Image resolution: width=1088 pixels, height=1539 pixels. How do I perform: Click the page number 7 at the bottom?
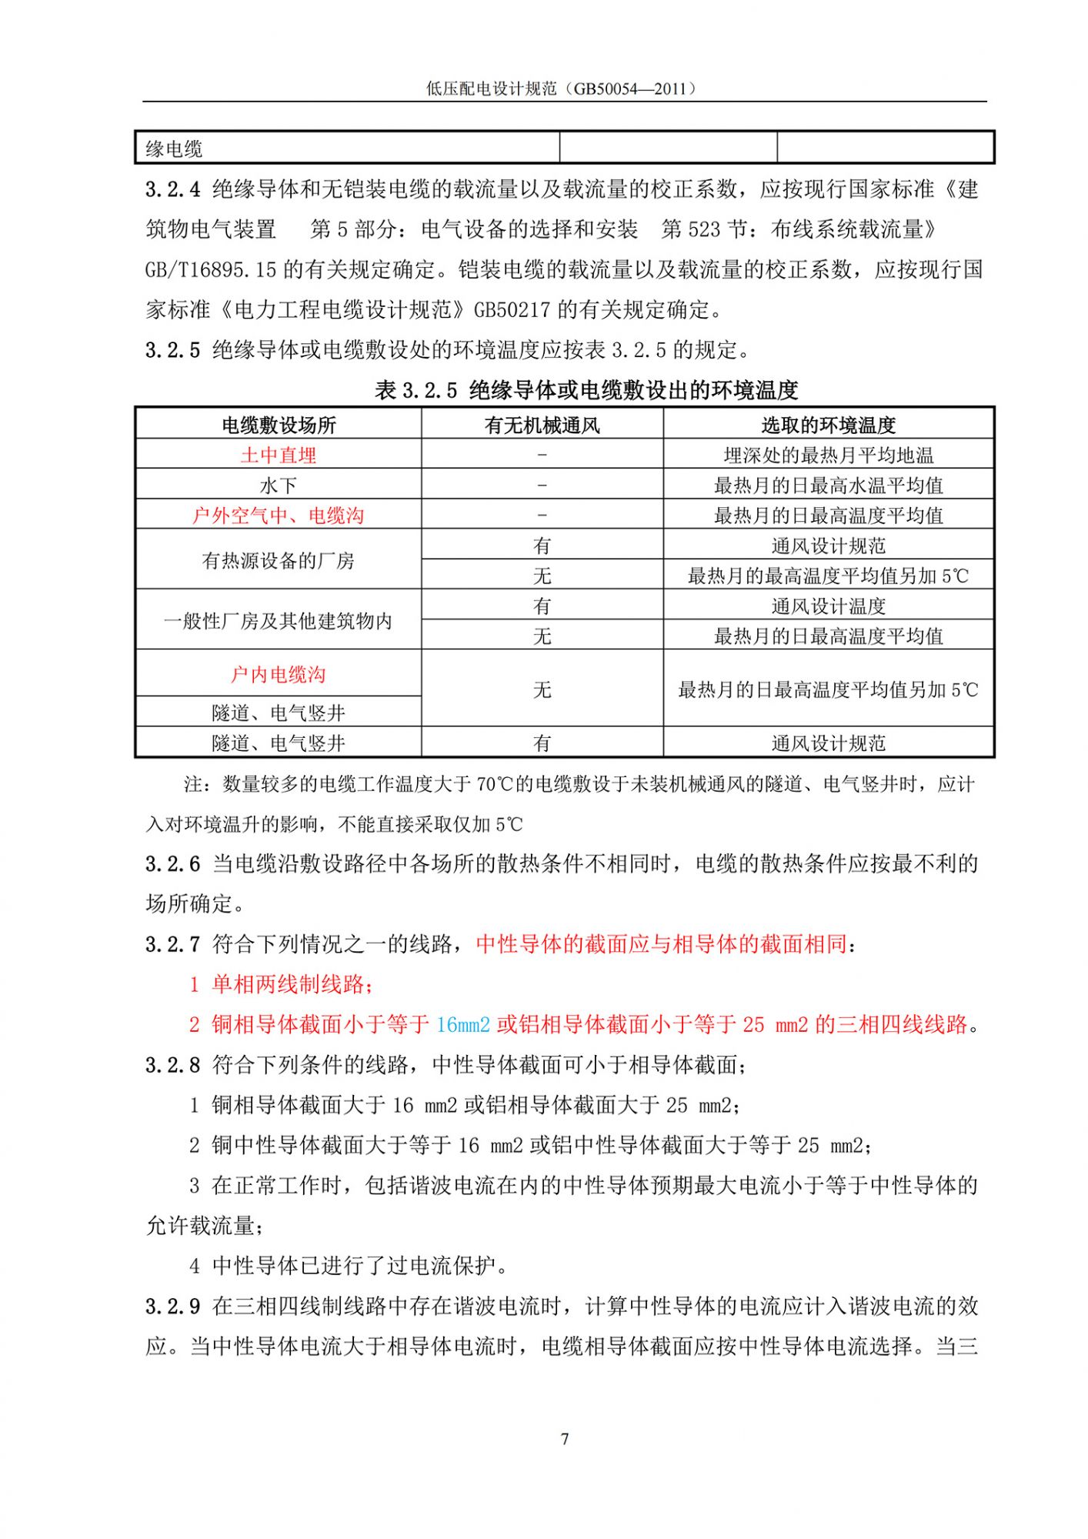(565, 1438)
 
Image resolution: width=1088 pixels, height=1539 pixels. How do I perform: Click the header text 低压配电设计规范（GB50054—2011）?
(564, 88)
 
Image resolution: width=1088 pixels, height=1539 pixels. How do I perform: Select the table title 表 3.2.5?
(416, 391)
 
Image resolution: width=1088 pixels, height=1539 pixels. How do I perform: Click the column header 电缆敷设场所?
(279, 425)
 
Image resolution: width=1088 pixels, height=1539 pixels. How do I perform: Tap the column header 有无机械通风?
(542, 425)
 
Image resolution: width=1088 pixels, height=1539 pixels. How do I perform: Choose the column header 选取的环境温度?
(828, 425)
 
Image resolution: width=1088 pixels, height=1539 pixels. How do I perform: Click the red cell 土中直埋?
(279, 455)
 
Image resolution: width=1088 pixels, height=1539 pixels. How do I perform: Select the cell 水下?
(279, 486)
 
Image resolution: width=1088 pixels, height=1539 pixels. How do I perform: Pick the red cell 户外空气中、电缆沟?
(279, 515)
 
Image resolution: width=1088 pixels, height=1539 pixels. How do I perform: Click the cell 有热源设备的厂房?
(279, 560)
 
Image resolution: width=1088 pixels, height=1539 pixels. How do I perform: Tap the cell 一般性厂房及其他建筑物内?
(279, 621)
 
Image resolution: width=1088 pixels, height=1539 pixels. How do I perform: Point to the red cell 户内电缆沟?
(279, 674)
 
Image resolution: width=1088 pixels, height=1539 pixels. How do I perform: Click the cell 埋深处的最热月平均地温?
(828, 455)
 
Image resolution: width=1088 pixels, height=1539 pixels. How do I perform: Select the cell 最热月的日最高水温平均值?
(828, 486)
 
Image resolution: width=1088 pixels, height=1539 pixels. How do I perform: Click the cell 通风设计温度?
(828, 606)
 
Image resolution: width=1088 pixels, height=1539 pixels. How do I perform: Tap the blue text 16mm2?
(462, 1024)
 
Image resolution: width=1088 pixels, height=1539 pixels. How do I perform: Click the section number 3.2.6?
(172, 864)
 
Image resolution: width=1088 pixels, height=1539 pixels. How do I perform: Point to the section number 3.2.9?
(172, 1306)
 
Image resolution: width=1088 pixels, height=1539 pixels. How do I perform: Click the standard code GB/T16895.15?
(210, 269)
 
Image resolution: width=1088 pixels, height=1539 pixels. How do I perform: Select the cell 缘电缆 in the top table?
(175, 149)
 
